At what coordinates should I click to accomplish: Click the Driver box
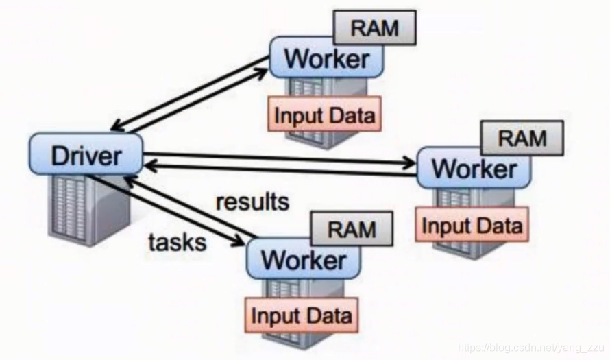click(x=86, y=154)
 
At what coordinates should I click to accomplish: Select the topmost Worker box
click(x=326, y=58)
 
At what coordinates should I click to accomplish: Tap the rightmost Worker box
click(x=474, y=168)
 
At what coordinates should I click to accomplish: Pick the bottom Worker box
click(x=304, y=259)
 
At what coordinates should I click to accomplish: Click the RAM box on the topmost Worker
click(x=375, y=27)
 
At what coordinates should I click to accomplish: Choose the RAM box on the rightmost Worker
click(x=522, y=138)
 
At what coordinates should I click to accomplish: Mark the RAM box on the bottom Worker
click(x=352, y=229)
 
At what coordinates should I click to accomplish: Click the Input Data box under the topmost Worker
click(x=324, y=114)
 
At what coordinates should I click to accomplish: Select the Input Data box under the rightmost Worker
click(x=472, y=224)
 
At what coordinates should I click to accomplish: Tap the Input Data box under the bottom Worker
click(x=302, y=315)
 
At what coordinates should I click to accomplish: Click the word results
click(x=253, y=202)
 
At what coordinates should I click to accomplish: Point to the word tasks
click(x=178, y=243)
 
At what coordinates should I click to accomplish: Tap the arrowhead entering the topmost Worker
click(x=263, y=73)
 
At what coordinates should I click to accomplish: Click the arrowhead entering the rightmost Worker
click(x=409, y=163)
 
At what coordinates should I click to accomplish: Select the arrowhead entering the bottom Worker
click(x=238, y=241)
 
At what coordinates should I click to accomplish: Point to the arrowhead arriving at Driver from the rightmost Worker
click(x=151, y=166)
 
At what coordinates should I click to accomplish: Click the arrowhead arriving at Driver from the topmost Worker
click(x=118, y=126)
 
